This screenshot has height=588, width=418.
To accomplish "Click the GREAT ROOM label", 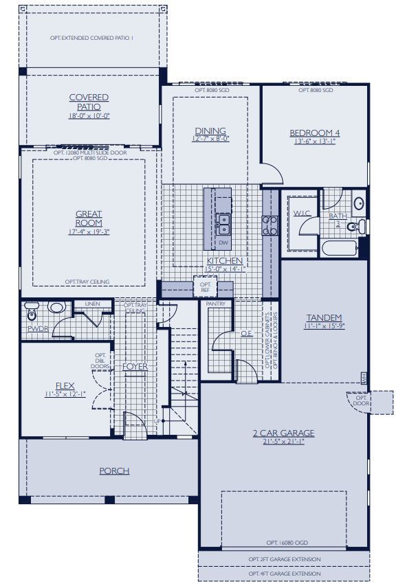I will (x=89, y=218).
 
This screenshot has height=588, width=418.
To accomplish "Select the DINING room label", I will (x=210, y=131).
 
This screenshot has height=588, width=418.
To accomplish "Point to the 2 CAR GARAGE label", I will (x=283, y=433).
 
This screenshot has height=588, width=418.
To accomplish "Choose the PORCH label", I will (x=114, y=471).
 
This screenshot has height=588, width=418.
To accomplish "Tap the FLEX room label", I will (x=65, y=386).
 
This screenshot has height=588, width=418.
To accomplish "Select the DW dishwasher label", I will (x=223, y=243).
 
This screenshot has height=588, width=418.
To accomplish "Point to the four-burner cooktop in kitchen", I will (x=269, y=226).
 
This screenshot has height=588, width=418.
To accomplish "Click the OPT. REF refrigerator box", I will (x=205, y=287).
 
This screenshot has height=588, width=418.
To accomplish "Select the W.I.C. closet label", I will (x=301, y=214).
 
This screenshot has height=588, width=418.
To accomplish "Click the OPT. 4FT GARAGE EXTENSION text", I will (x=283, y=573).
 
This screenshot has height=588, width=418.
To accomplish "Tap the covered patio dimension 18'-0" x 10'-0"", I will (x=89, y=115).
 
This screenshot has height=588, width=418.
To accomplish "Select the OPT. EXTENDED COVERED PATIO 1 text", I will (x=91, y=37).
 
